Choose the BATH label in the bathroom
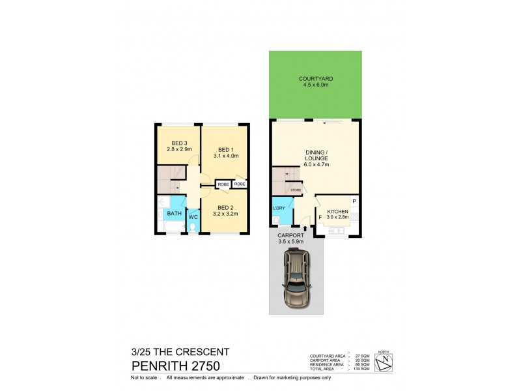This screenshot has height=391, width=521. click(174, 213)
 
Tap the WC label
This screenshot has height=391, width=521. click(193, 216)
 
